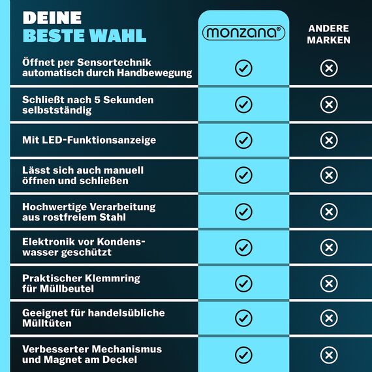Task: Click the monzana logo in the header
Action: [x=243, y=33]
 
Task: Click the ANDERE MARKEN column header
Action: [x=330, y=35]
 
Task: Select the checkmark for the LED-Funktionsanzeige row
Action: [x=243, y=140]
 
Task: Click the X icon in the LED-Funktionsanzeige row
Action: [x=329, y=140]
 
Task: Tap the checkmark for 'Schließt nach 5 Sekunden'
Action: [x=243, y=104]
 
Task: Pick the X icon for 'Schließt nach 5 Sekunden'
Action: [x=329, y=104]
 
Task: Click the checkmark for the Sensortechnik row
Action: [x=243, y=68]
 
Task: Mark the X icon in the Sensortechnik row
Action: [x=329, y=68]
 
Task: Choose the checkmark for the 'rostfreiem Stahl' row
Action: [x=243, y=211]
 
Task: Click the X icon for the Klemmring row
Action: [x=329, y=283]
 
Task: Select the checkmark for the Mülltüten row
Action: [x=243, y=318]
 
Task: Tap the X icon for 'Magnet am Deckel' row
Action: [x=329, y=354]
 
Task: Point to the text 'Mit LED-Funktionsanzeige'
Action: [x=89, y=140]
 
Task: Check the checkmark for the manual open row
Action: [x=243, y=175]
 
